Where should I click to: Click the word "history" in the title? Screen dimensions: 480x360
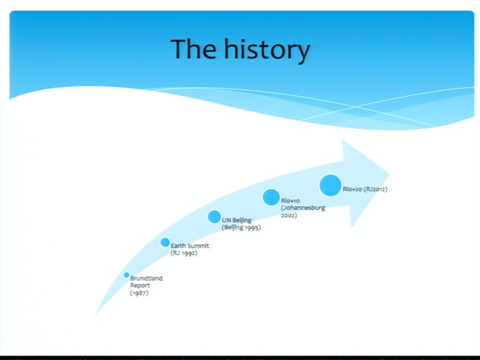pyautogui.click(x=267, y=49)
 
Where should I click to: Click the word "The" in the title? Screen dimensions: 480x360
pyautogui.click(x=193, y=49)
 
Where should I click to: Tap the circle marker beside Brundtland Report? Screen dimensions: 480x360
pyautogui.click(x=127, y=275)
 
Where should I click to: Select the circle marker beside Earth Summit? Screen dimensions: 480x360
pyautogui.click(x=165, y=242)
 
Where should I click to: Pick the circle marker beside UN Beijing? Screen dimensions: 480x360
pyautogui.click(x=214, y=217)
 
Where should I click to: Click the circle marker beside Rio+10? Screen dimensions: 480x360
pyautogui.click(x=271, y=197)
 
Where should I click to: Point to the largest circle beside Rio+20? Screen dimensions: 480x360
pyautogui.click(x=330, y=185)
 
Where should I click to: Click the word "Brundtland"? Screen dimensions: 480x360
pyautogui.click(x=146, y=278)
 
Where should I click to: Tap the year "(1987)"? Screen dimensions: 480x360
pyautogui.click(x=139, y=293)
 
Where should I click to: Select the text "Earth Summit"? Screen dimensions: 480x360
pyautogui.click(x=190, y=245)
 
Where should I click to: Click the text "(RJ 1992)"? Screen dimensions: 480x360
pyautogui.click(x=184, y=253)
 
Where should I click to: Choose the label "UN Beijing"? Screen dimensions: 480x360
pyautogui.click(x=237, y=220)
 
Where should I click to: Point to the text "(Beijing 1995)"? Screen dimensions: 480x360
pyautogui.click(x=241, y=227)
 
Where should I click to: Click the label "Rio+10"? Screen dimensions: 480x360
pyautogui.click(x=290, y=201)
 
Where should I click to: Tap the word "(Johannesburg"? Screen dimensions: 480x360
pyautogui.click(x=303, y=208)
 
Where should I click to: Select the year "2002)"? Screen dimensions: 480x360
pyautogui.click(x=289, y=215)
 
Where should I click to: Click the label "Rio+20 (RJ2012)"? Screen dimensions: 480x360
pyautogui.click(x=365, y=189)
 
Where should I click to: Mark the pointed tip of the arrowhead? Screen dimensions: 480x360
pyautogui.click(x=389, y=175)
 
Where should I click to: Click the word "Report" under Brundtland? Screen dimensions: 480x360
pyautogui.click(x=140, y=286)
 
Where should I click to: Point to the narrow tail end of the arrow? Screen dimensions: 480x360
pyautogui.click(x=95, y=315)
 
